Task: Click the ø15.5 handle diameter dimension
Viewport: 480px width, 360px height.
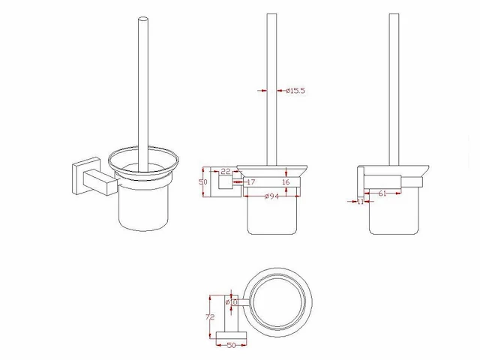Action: coord(295,91)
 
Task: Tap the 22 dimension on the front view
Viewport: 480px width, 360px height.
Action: coord(225,172)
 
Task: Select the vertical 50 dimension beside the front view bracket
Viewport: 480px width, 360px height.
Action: coord(202,181)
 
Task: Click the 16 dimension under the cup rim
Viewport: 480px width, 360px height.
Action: coord(285,182)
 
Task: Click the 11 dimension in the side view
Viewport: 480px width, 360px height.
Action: coord(360,202)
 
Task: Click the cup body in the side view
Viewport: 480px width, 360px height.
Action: coord(393,214)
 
